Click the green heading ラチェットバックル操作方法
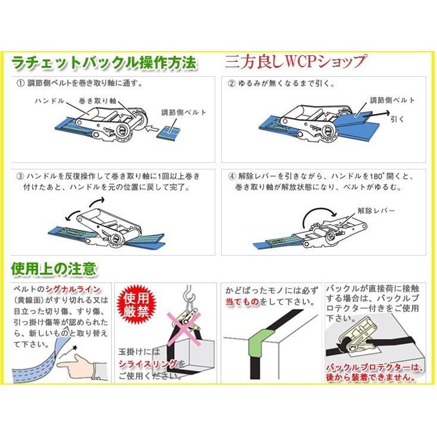click(x=104, y=63)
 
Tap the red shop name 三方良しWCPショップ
click(x=295, y=62)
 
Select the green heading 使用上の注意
click(x=54, y=269)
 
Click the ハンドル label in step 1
click(x=49, y=100)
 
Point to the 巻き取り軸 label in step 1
click(x=98, y=100)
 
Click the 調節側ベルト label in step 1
click(x=184, y=112)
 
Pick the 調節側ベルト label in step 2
click(x=392, y=100)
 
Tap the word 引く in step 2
click(x=397, y=120)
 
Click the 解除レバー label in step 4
click(x=376, y=210)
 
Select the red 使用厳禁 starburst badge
click(x=136, y=305)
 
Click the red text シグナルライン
click(x=73, y=290)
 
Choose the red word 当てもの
click(x=243, y=302)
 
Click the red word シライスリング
click(x=148, y=364)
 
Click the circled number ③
click(x=20, y=176)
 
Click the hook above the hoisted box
click(x=188, y=293)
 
